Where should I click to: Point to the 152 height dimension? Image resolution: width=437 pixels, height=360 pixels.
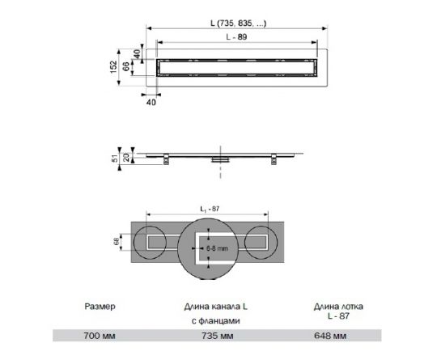(x=115, y=63)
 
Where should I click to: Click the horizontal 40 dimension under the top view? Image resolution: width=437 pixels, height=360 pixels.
(x=151, y=103)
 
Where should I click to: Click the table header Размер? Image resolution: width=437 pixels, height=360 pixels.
(x=100, y=307)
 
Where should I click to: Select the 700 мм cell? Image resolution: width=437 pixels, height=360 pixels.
(x=100, y=336)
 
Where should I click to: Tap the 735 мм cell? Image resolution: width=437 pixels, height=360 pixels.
(x=218, y=336)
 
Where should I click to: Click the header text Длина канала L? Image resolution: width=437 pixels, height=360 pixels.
(x=218, y=307)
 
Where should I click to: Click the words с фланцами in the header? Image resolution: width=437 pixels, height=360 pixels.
(x=218, y=320)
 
